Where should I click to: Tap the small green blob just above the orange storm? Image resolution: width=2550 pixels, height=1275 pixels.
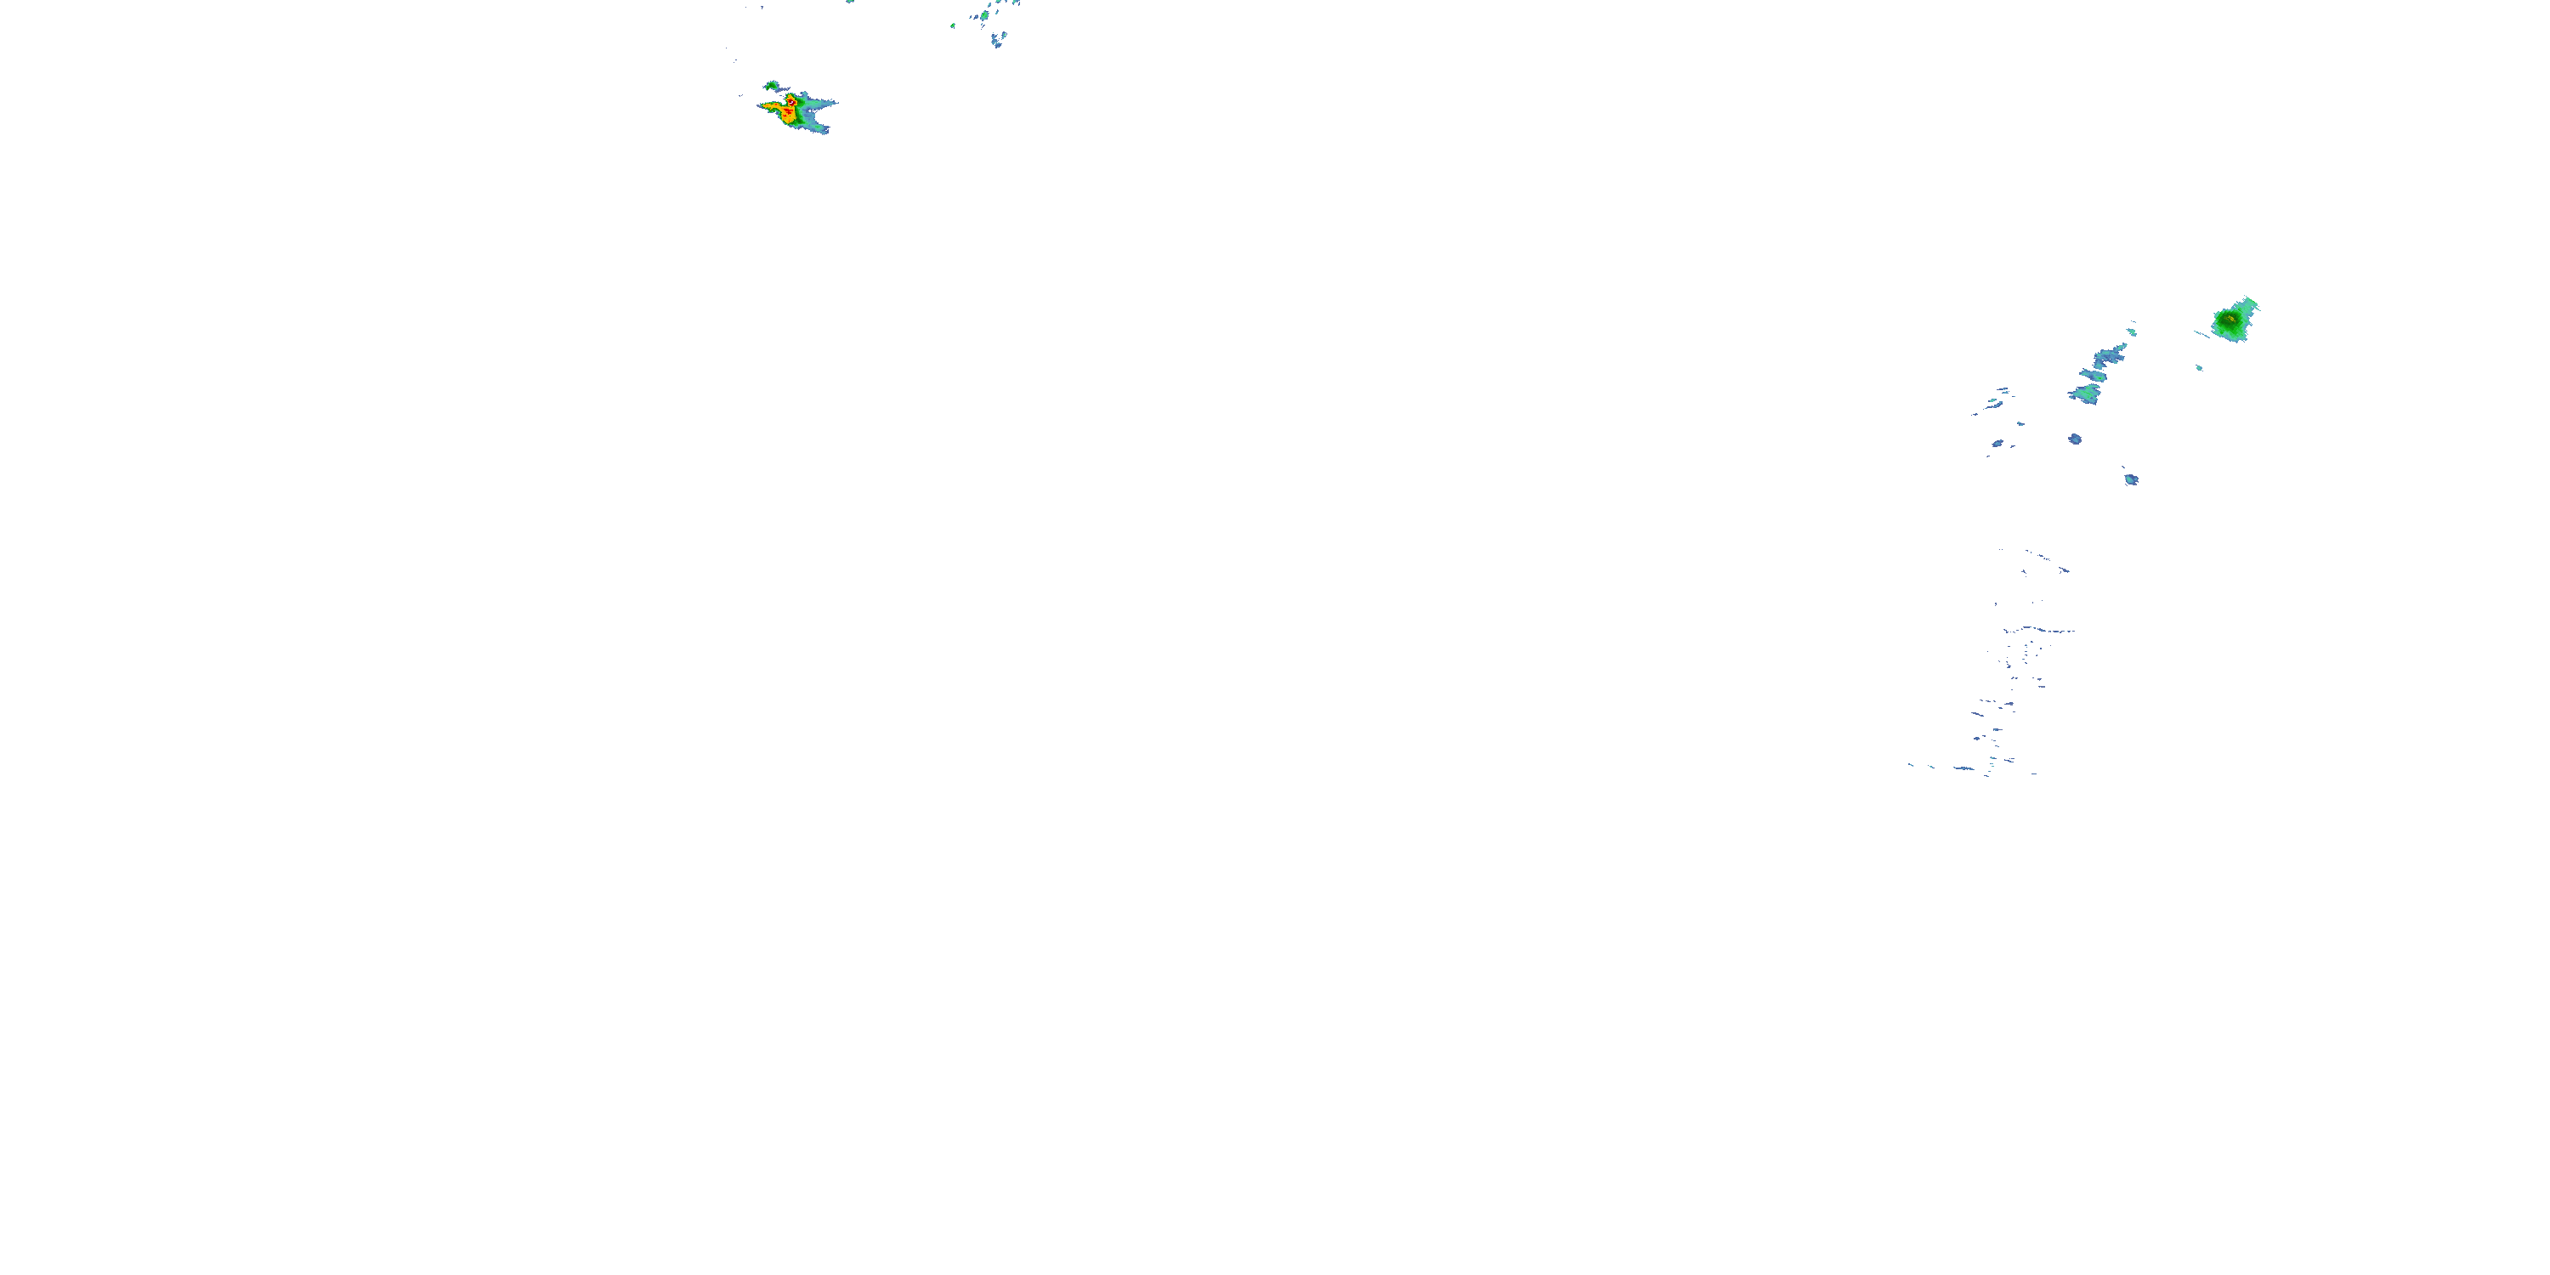pos(771,86)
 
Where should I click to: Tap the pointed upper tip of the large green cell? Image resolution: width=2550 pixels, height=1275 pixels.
pos(2251,300)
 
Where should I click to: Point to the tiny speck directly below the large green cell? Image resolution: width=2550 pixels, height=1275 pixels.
pos(2200,368)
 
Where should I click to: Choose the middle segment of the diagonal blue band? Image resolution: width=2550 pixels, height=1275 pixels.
pos(2094,375)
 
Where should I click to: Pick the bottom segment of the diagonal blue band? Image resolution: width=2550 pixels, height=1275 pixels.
pos(2083,394)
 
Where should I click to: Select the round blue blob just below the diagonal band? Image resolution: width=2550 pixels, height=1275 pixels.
pos(2075,439)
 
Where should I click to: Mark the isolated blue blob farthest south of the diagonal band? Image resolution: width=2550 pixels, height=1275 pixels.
pos(2131,480)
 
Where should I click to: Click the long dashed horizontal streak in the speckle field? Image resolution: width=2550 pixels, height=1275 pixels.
pos(2039,630)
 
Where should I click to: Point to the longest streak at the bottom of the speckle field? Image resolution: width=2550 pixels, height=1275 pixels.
pos(1964,768)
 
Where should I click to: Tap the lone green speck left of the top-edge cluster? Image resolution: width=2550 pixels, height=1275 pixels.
pos(952,25)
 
